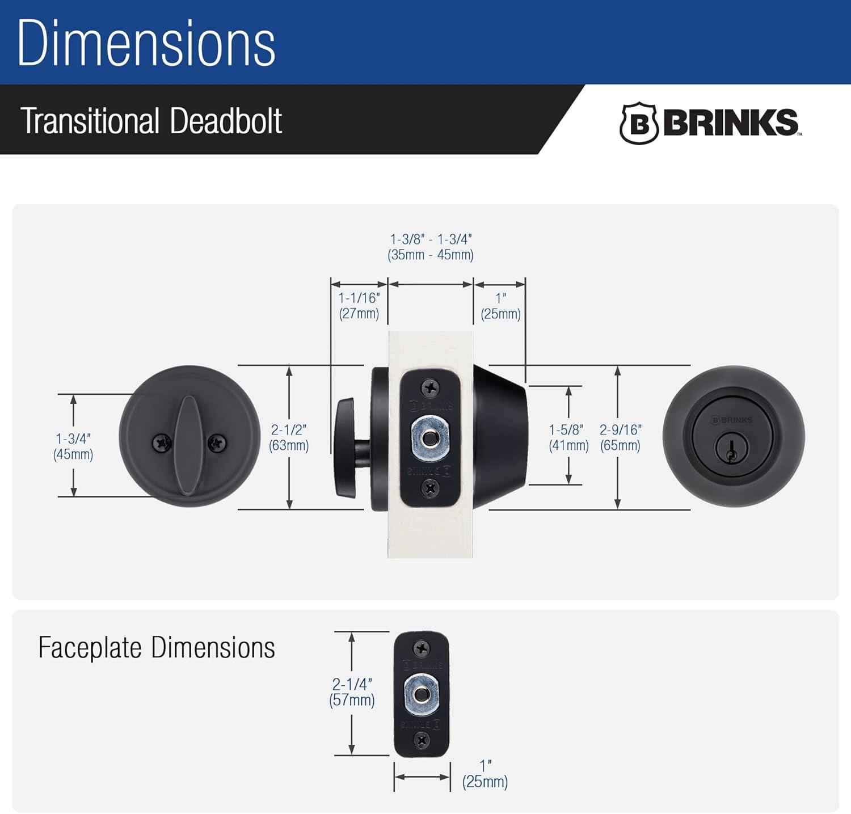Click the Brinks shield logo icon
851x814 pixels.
click(639, 123)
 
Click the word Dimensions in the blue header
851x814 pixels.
click(146, 44)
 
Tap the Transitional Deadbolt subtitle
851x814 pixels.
click(151, 121)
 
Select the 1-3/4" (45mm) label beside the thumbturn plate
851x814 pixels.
click(73, 446)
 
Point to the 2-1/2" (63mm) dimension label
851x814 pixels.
click(289, 437)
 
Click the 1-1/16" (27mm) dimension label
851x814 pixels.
click(359, 306)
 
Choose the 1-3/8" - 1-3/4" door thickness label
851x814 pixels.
click(431, 247)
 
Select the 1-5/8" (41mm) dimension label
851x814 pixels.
click(568, 437)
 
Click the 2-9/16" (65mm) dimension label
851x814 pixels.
click(620, 437)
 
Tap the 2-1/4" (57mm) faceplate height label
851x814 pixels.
click(352, 692)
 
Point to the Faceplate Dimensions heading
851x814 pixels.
click(157, 648)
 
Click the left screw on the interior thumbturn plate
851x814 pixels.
click(162, 443)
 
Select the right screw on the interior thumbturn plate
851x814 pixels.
click(216, 443)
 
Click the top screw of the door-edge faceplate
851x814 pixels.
click(431, 389)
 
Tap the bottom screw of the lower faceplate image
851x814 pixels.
click(422, 740)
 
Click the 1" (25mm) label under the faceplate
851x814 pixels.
click(485, 774)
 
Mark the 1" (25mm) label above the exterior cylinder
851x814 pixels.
click(500, 306)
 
